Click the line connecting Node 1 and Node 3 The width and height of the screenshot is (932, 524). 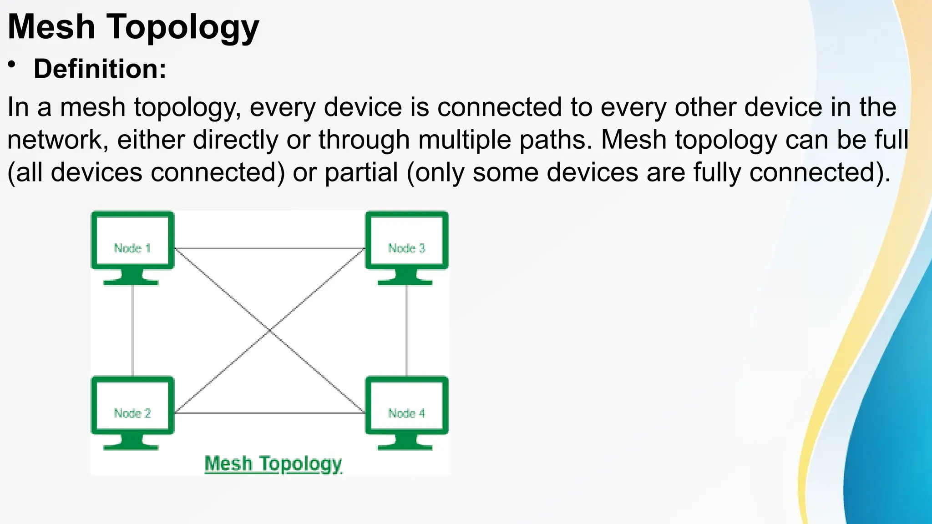(269, 248)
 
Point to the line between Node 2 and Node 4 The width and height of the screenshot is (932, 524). (269, 413)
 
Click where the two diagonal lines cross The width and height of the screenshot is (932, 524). (269, 331)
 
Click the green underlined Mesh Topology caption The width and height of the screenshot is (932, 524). (273, 464)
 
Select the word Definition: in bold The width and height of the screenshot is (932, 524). (100, 69)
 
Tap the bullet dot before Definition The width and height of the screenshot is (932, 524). (12, 65)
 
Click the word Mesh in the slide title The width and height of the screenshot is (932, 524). (51, 27)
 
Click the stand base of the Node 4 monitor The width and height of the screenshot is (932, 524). (405, 448)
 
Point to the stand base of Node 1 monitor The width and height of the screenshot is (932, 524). (131, 282)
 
